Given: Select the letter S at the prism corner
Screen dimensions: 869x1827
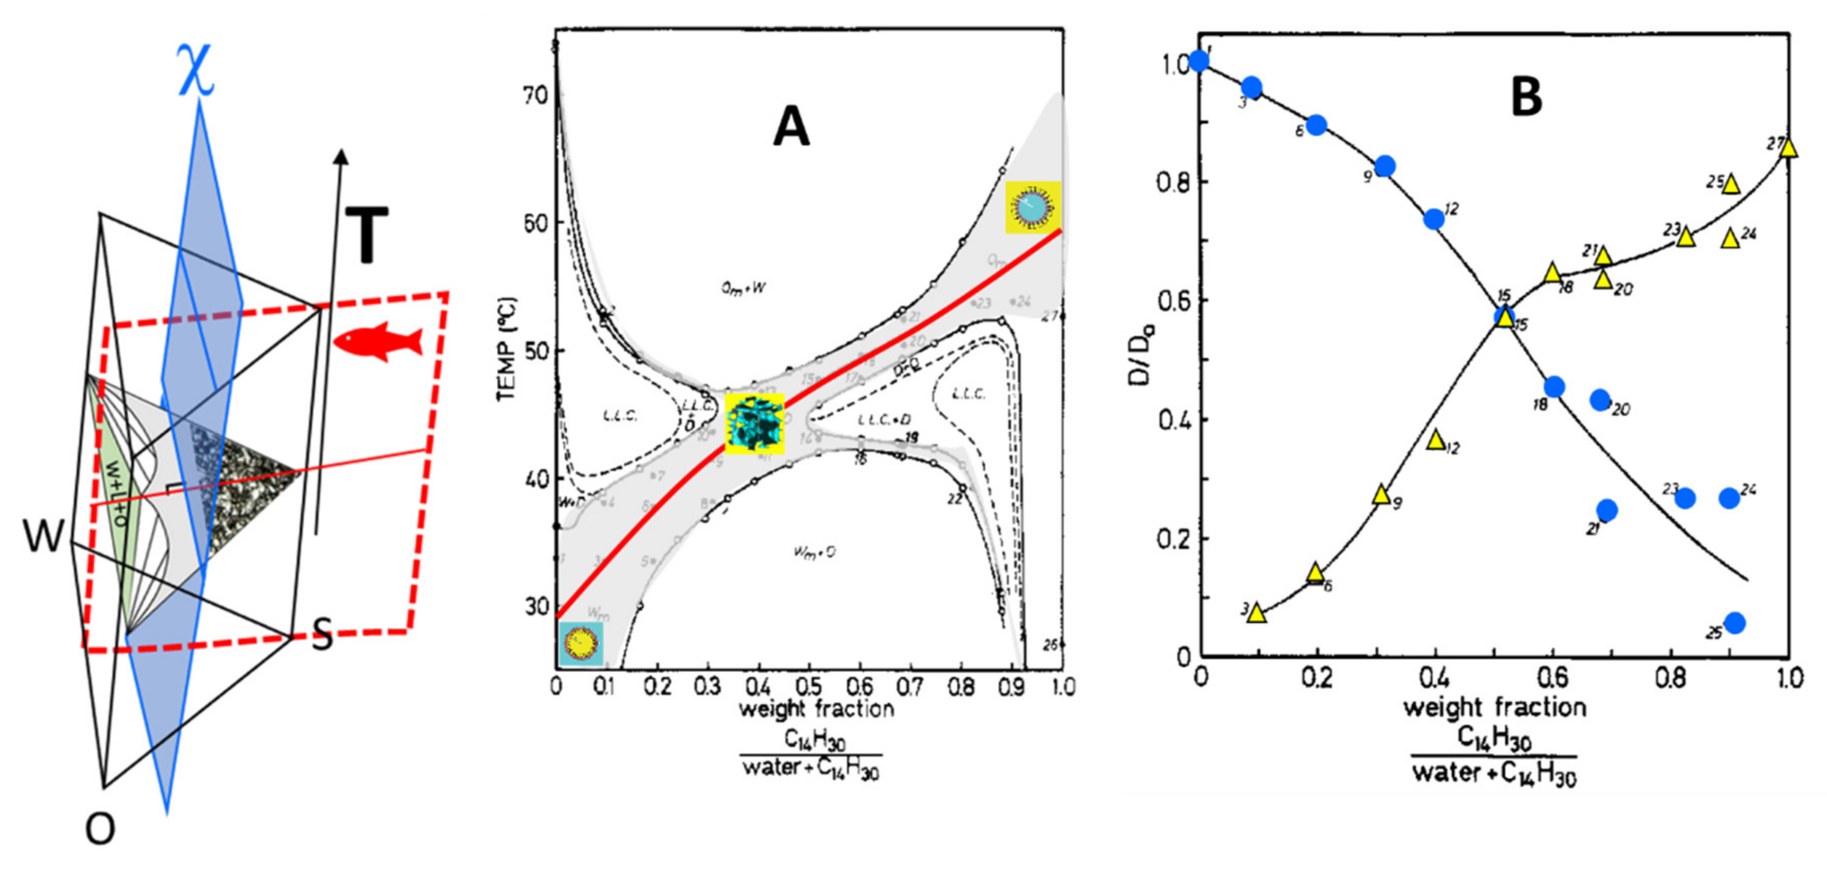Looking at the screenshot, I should [x=321, y=635].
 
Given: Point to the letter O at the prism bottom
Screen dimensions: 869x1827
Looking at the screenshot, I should [x=100, y=828].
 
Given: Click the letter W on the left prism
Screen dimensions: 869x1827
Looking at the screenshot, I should [x=42, y=536].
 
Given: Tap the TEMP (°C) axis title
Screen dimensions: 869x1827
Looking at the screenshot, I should [x=506, y=348].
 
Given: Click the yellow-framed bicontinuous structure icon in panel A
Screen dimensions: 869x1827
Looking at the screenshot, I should [x=754, y=423].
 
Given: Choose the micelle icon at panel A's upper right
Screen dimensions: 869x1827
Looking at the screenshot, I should [x=1033, y=207].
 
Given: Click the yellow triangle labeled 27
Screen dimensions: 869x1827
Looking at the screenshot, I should [x=1788, y=148].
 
